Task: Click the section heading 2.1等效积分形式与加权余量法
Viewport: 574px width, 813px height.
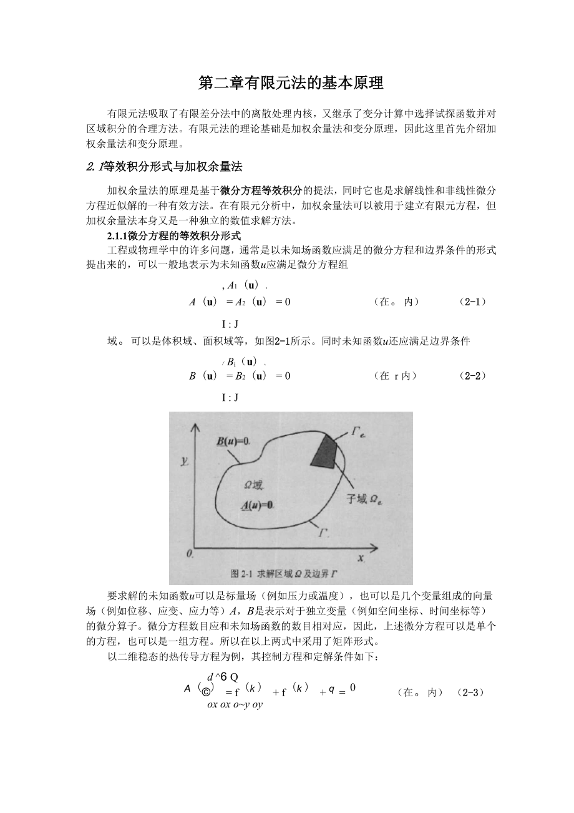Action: [164, 167]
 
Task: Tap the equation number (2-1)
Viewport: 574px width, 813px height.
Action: [472, 302]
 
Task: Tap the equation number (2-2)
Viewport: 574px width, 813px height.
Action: [472, 375]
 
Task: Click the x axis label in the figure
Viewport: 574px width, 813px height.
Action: [361, 558]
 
